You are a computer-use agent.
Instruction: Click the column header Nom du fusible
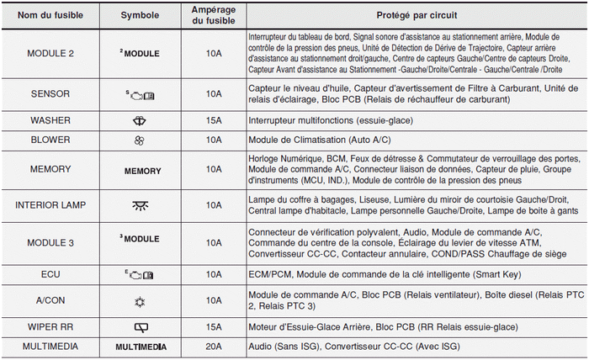(50, 15)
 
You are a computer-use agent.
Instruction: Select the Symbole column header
(140, 15)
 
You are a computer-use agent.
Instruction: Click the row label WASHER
(50, 121)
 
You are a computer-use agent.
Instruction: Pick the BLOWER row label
(50, 140)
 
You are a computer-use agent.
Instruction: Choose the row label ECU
(50, 274)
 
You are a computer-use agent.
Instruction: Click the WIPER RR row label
(50, 326)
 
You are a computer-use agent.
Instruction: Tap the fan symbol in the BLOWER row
(140, 140)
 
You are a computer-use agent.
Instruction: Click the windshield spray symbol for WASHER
(140, 121)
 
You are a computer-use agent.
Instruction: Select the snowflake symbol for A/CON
(140, 300)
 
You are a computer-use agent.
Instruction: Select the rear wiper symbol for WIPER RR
(140, 326)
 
